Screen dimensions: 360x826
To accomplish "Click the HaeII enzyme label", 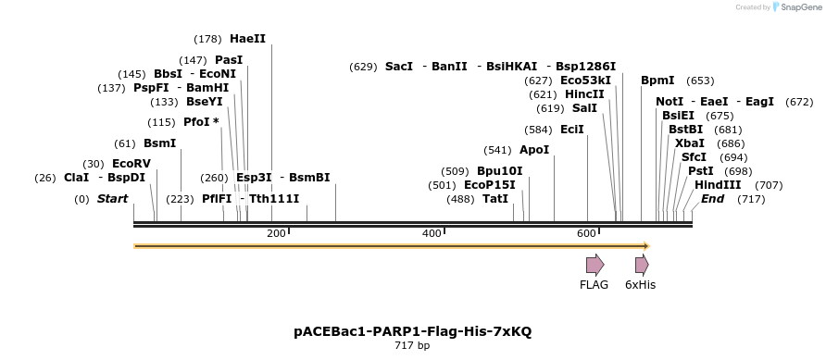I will pyautogui.click(x=247, y=39).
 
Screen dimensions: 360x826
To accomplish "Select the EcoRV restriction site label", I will pyautogui.click(x=131, y=164).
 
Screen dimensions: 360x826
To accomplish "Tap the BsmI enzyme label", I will pyautogui.click(x=159, y=143).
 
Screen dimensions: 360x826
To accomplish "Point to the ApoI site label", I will pyautogui.click(x=534, y=150).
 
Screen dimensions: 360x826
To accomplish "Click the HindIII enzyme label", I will pyautogui.click(x=718, y=185).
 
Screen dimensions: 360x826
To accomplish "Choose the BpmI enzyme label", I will pyautogui.click(x=657, y=81).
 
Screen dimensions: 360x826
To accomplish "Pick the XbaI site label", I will pyautogui.click(x=690, y=143).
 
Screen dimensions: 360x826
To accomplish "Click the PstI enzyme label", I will pyautogui.click(x=700, y=171).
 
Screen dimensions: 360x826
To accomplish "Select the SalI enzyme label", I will pyautogui.click(x=584, y=108).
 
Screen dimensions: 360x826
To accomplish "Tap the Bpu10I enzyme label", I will pyautogui.click(x=499, y=171).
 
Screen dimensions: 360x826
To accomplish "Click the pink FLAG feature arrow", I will pyautogui.click(x=594, y=265).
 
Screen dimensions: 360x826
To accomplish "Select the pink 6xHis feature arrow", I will pyautogui.click(x=641, y=265).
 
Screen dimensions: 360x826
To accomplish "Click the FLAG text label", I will pyautogui.click(x=594, y=285).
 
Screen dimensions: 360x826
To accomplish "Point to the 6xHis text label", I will pyautogui.click(x=640, y=285).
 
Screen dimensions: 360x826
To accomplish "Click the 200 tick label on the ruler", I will pyautogui.click(x=276, y=233).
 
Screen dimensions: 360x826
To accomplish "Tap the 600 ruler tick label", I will pyautogui.click(x=585, y=233).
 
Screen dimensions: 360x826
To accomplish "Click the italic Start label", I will pyautogui.click(x=112, y=199).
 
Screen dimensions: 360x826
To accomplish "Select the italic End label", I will pyautogui.click(x=712, y=199).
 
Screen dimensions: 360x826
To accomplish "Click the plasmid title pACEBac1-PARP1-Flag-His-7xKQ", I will pyautogui.click(x=413, y=330).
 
